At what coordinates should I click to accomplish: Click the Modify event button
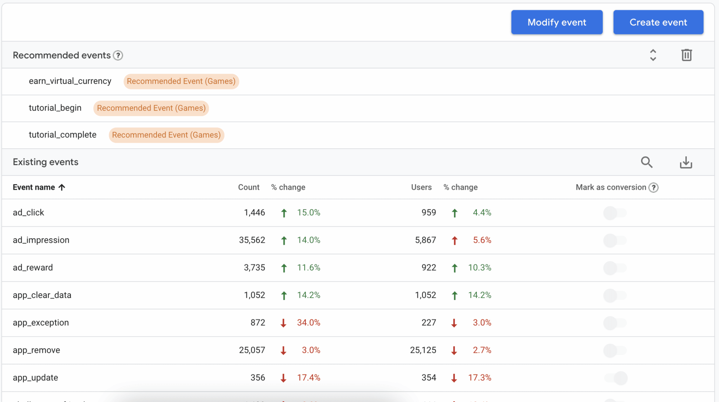(x=557, y=22)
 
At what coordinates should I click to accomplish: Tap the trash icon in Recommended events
(x=686, y=55)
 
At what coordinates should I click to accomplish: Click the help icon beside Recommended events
(x=118, y=55)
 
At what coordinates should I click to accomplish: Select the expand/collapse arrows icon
(x=653, y=55)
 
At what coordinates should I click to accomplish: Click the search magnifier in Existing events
(x=647, y=162)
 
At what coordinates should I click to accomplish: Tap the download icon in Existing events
(x=686, y=162)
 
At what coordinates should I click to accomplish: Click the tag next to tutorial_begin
(x=151, y=108)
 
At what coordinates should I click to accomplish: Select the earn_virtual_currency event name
(x=70, y=81)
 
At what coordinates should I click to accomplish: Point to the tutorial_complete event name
(x=62, y=135)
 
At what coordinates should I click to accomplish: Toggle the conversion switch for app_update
(x=615, y=378)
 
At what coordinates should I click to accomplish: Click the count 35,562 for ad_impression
(x=252, y=240)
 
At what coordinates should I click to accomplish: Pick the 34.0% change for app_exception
(x=309, y=323)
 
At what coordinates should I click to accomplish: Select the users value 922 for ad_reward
(x=429, y=268)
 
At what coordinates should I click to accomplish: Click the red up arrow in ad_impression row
(x=455, y=240)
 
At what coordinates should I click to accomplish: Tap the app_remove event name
(x=37, y=350)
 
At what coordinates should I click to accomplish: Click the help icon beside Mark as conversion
(x=653, y=188)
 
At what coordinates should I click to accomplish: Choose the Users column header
(x=421, y=187)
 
